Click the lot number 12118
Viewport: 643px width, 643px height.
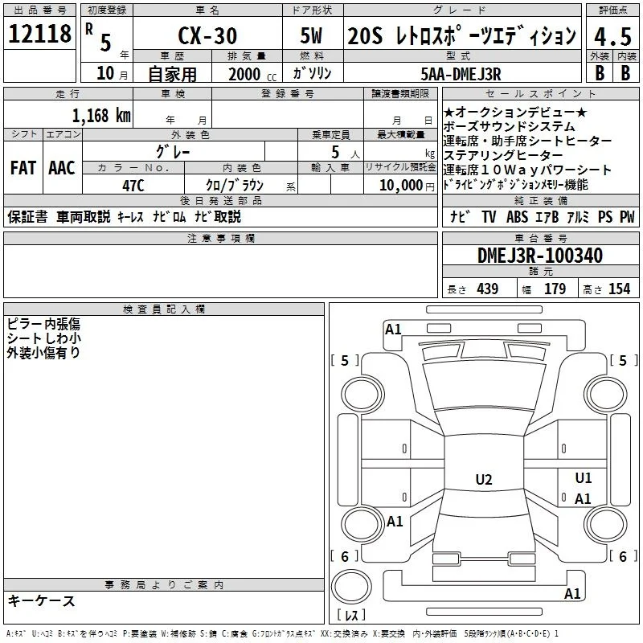point(39,34)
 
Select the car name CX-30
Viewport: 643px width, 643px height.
point(207,35)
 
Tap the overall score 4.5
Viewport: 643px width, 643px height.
point(612,36)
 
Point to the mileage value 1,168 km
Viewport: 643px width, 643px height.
point(102,116)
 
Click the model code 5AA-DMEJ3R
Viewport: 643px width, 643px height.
point(461,74)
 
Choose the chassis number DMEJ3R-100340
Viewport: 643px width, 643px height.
point(540,256)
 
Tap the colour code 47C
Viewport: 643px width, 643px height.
point(133,186)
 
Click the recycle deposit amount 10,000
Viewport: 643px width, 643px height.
point(401,185)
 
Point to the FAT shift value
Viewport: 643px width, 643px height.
point(23,168)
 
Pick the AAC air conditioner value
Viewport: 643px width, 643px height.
point(62,168)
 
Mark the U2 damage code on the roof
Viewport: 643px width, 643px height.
point(484,479)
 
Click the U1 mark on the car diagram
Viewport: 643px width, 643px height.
point(584,477)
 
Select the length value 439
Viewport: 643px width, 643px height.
point(488,289)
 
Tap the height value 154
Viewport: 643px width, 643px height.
point(619,289)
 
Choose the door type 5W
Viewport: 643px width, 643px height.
point(311,35)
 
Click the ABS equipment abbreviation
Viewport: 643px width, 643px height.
point(517,216)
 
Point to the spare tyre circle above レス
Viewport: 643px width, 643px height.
point(351,587)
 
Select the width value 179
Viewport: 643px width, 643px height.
point(555,289)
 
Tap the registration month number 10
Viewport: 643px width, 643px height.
point(105,73)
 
